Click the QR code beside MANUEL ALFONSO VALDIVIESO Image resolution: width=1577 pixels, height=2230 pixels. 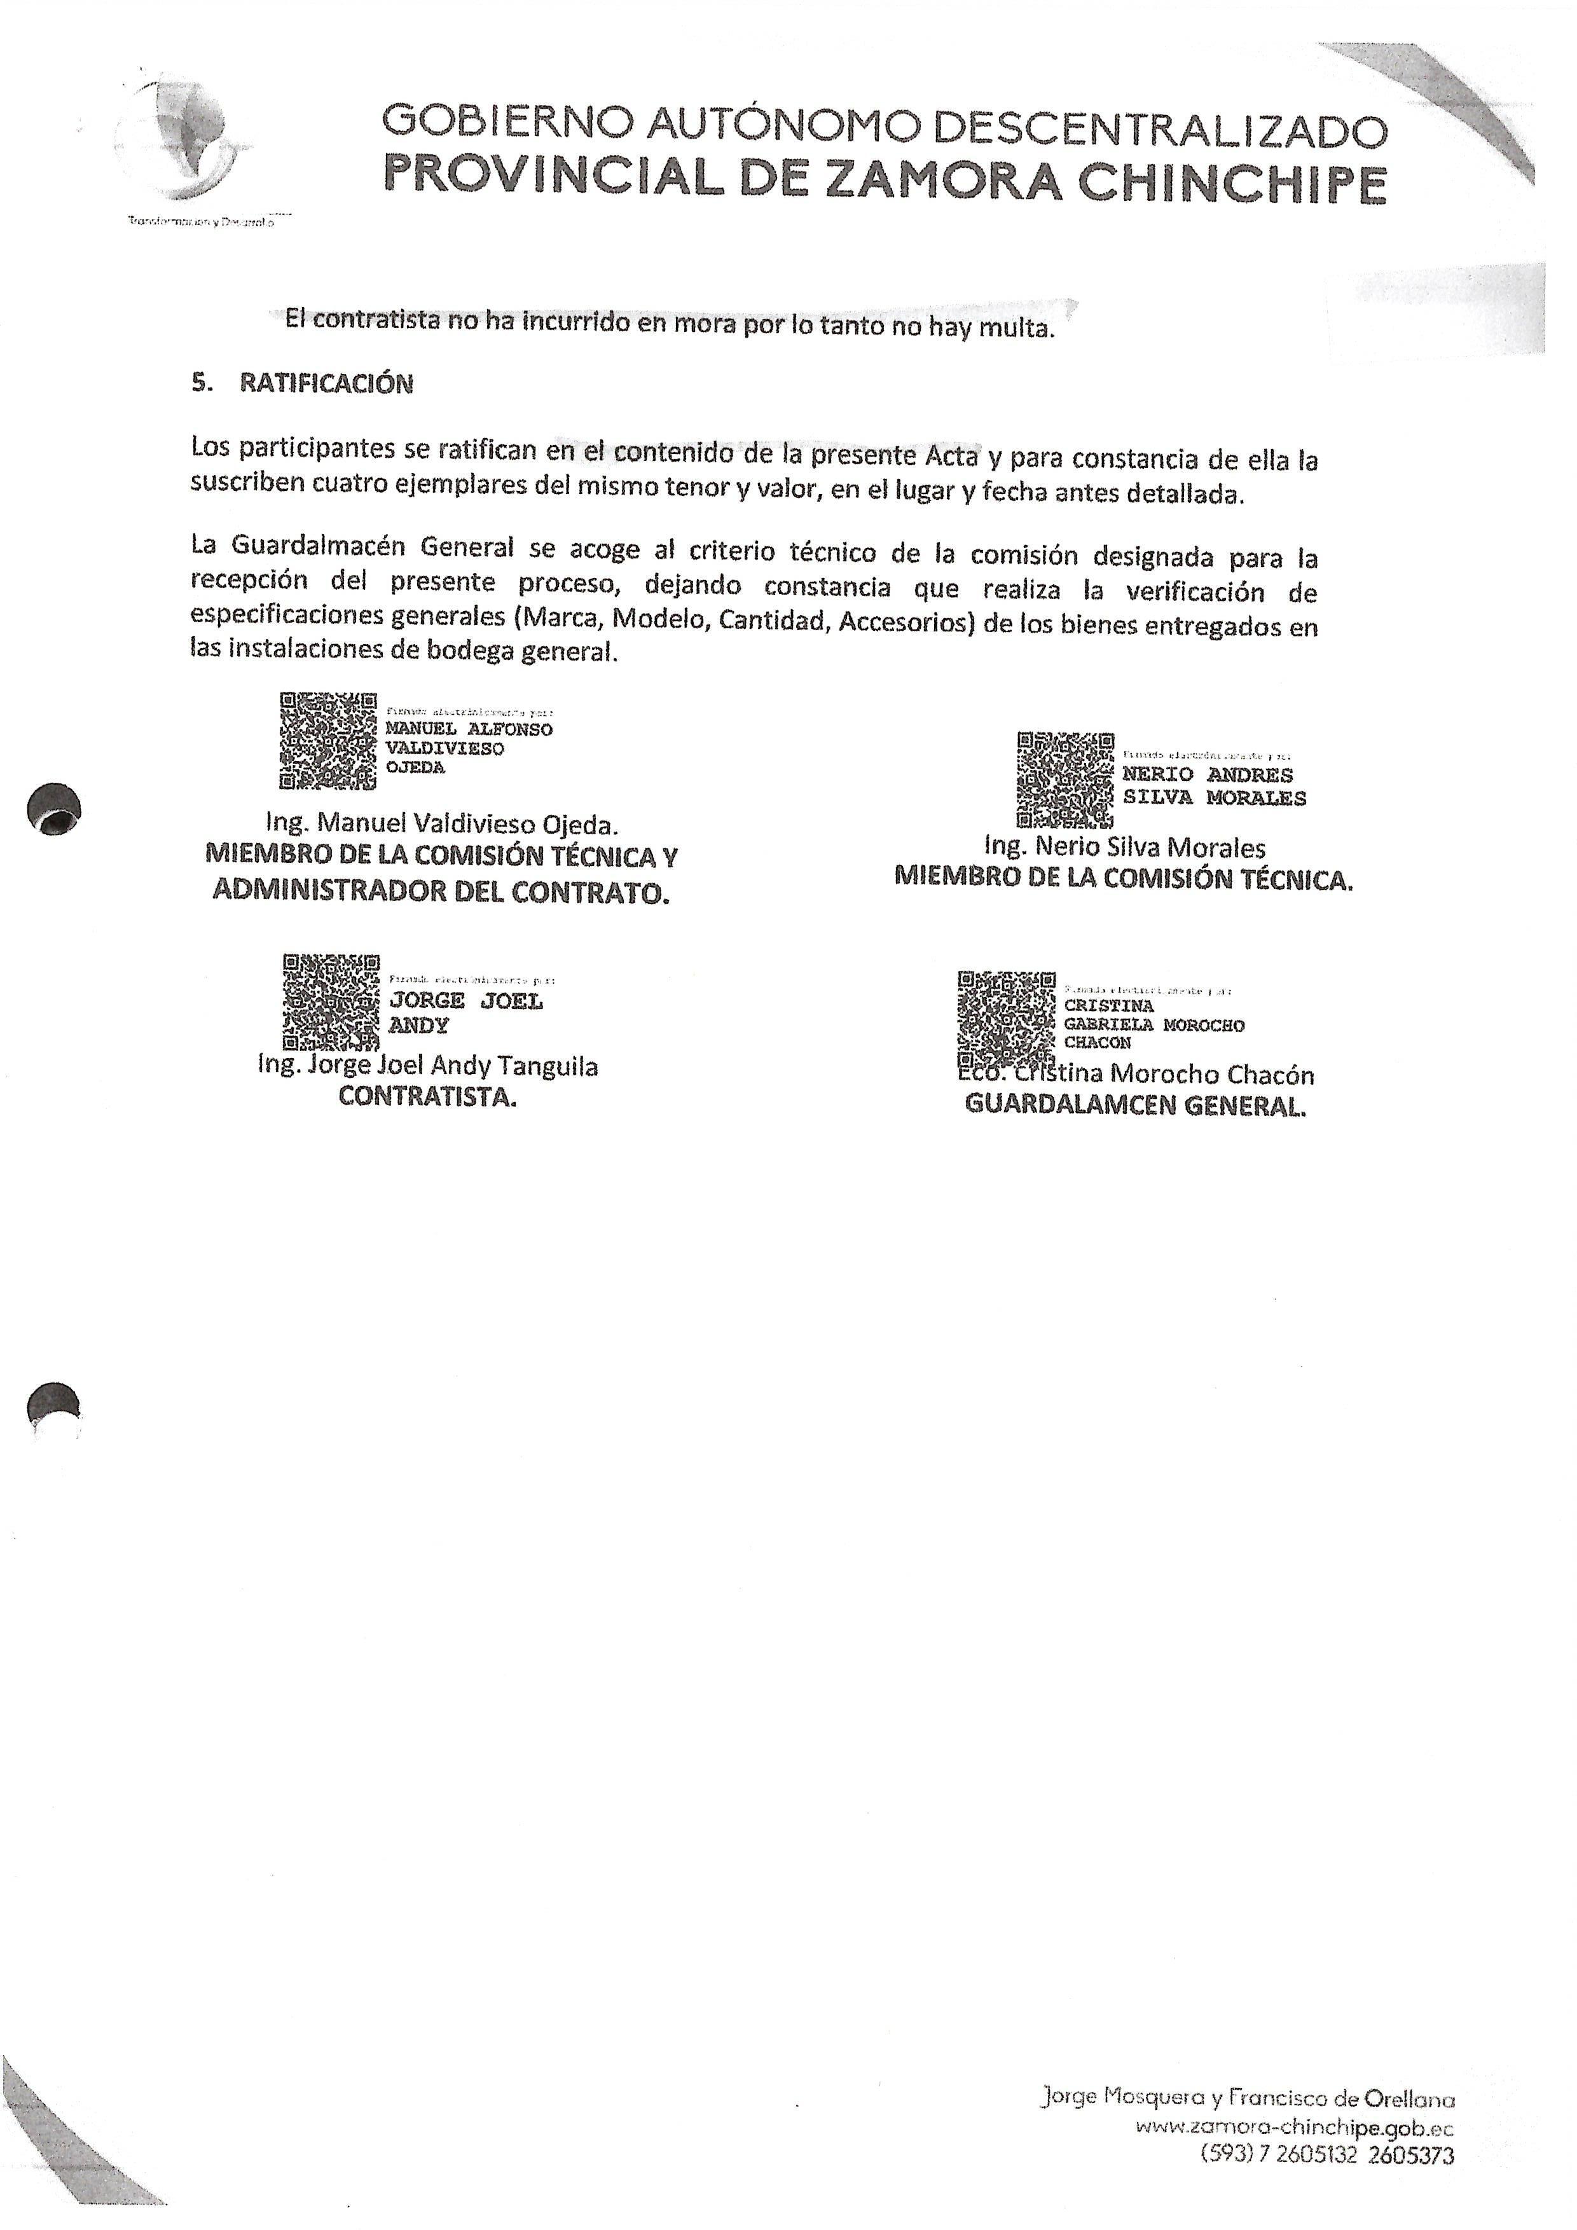(x=327, y=741)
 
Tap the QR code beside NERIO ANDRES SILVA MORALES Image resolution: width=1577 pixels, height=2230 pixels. (x=1065, y=781)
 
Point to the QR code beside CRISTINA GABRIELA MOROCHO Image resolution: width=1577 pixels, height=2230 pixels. (x=1006, y=1019)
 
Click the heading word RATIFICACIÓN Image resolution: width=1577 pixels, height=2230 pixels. (x=326, y=383)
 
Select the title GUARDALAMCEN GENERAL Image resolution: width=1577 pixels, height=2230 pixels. (x=1134, y=1105)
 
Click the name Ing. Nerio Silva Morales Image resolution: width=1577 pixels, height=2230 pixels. (x=1124, y=848)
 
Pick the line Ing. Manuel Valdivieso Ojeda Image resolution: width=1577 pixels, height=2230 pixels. (x=442, y=825)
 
